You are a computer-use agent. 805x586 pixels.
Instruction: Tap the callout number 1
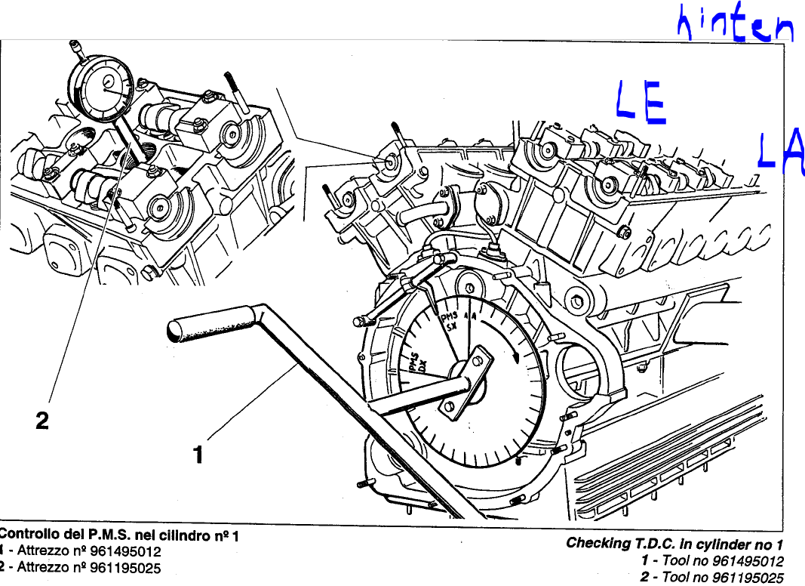198,455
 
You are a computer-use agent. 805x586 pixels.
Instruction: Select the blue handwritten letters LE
641,103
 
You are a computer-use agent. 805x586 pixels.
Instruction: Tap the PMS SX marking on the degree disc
450,323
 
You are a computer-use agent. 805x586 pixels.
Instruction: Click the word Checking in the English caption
599,543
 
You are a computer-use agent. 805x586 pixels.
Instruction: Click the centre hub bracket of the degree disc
467,378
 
